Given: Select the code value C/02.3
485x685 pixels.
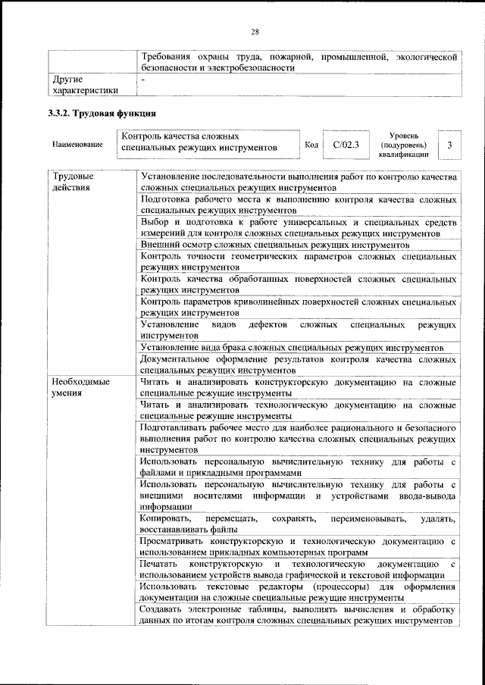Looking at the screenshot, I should (346, 144).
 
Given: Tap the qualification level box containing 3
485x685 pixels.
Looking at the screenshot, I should (449, 144).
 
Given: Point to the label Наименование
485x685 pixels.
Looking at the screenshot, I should (77, 144).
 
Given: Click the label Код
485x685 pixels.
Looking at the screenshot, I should (311, 144).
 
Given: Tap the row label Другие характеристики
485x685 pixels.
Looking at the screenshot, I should (84, 84).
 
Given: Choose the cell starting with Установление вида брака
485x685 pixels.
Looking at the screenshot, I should (297, 348).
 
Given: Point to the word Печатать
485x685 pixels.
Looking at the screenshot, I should (159, 565).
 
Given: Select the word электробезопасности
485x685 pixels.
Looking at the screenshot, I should (246, 67).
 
